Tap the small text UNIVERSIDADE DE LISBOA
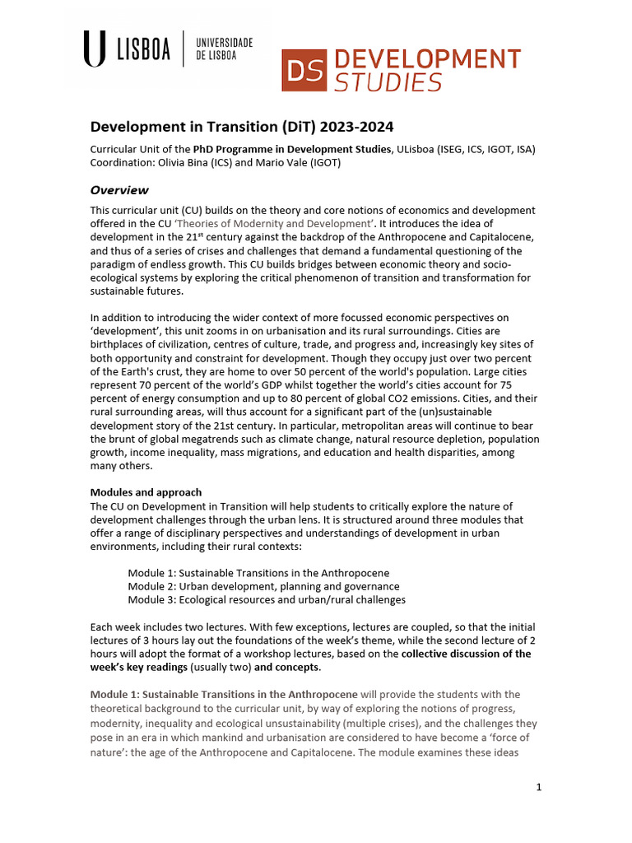click(224, 49)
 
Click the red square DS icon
click(304, 71)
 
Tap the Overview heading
click(119, 190)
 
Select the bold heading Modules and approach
click(146, 492)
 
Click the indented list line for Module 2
click(263, 586)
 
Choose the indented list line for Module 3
click(267, 600)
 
